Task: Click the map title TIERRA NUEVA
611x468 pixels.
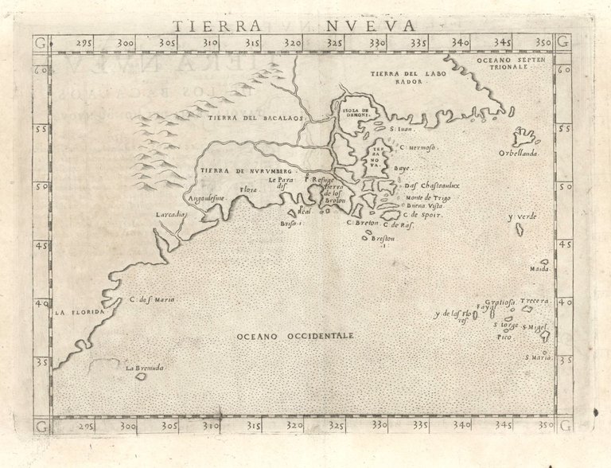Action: tap(305, 25)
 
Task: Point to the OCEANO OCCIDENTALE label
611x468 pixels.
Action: tap(294, 337)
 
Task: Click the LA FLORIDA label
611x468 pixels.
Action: tap(80, 313)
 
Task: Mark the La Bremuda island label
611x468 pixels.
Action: tap(144, 368)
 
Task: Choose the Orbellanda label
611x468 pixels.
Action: tap(519, 153)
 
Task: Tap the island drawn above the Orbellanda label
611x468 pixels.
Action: tap(526, 136)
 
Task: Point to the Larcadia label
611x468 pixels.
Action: tap(171, 214)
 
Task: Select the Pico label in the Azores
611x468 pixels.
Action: tap(504, 337)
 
